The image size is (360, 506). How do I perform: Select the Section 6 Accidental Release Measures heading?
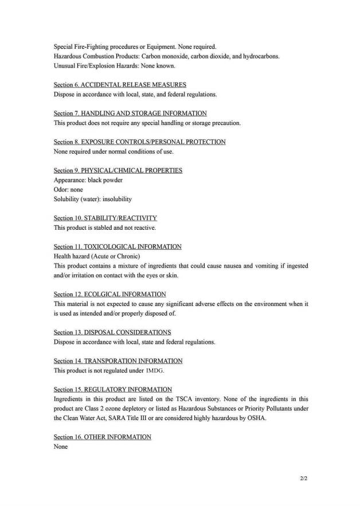coord(120,85)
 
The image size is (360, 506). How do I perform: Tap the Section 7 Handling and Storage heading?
coord(130,113)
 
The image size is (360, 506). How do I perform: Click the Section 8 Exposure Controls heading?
coord(139,142)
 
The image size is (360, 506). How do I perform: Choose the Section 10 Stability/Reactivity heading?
coord(105,218)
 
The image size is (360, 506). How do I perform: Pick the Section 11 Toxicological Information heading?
coord(118,247)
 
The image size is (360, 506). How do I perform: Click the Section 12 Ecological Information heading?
coord(109,295)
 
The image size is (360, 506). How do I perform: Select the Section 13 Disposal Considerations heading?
coord(112,333)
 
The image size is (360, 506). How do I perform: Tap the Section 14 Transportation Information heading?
coord(118,361)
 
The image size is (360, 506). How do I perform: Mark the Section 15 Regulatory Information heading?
coord(112,390)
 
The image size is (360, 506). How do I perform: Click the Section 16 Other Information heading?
coord(103,437)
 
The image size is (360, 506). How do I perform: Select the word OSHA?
coord(257,418)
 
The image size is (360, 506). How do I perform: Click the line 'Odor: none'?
coord(68,190)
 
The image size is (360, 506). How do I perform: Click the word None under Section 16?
coord(61,447)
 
